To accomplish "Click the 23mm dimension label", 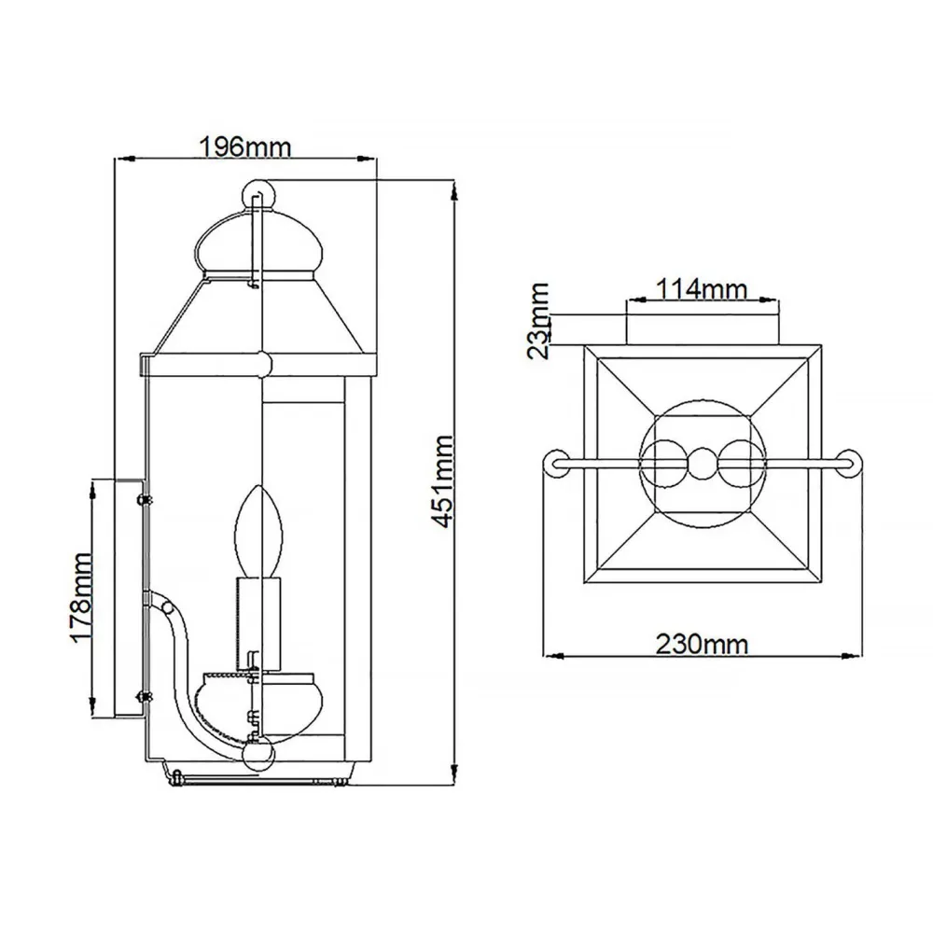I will (x=538, y=320).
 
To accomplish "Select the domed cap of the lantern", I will (x=258, y=244).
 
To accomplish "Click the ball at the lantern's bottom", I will (x=258, y=753).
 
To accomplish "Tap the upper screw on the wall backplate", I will (x=144, y=499).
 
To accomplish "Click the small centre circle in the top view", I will (x=700, y=461).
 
